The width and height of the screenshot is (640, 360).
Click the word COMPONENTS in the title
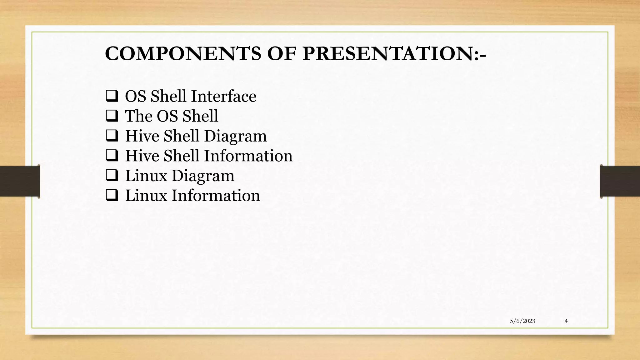(x=183, y=53)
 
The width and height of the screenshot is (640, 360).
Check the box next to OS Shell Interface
(x=112, y=96)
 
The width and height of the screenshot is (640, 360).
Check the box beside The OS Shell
(x=112, y=116)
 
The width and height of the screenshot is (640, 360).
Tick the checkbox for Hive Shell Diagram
(x=112, y=136)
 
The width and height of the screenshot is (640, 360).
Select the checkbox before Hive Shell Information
(x=112, y=156)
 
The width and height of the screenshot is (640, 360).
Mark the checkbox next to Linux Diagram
(x=112, y=175)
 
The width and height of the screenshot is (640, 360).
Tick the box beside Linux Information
(x=112, y=195)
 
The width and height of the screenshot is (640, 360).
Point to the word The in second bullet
(x=138, y=116)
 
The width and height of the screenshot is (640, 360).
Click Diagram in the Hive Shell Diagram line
(x=235, y=136)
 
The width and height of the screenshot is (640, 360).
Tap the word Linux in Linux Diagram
(x=146, y=175)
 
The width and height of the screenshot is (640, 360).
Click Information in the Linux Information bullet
(x=216, y=195)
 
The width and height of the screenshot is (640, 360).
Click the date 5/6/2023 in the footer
(x=522, y=321)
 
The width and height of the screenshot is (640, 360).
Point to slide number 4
(x=566, y=321)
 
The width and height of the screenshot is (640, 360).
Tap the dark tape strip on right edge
(x=620, y=181)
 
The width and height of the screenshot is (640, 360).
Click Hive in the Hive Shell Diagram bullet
(x=142, y=136)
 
